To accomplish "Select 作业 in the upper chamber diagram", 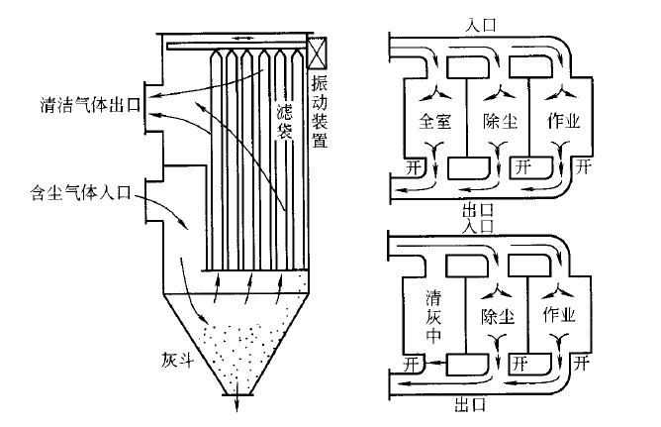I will [x=562, y=122].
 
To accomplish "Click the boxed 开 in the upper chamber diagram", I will [x=524, y=167].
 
